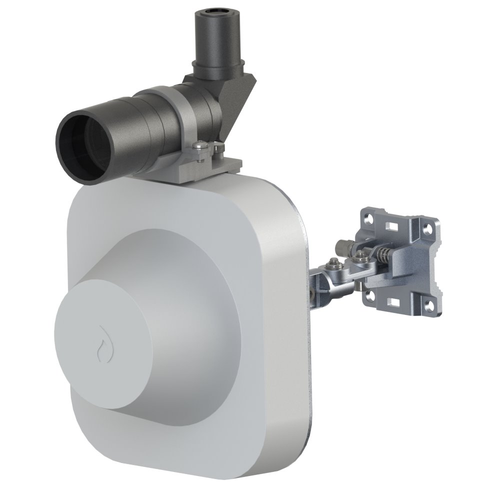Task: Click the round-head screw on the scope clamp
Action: coord(200,146)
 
